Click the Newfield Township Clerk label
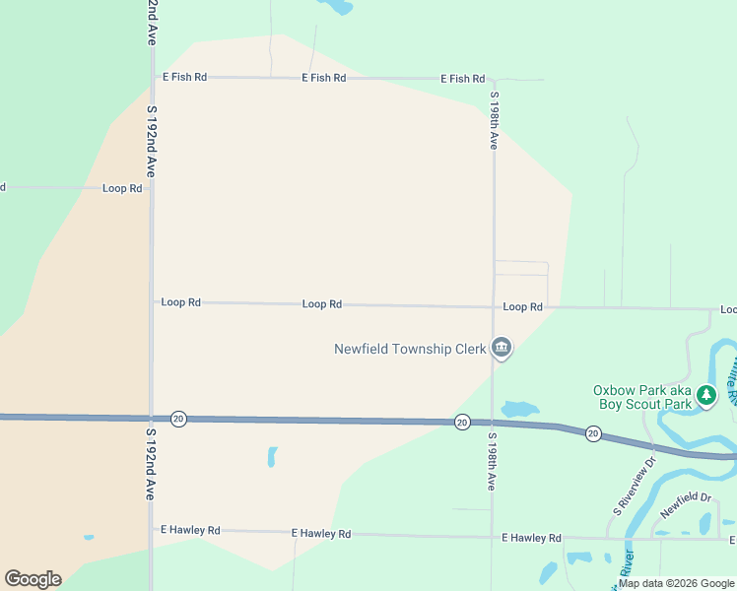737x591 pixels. pos(410,349)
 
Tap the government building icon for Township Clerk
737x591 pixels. pos(502,348)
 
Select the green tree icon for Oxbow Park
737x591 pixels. pos(705,396)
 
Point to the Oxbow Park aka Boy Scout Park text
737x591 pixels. pos(641,396)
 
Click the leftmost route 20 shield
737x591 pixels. pos(177,419)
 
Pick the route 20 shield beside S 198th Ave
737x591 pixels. pos(461,422)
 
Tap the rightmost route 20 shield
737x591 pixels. pos(592,433)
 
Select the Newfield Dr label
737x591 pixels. pos(686,505)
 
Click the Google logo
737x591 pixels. pos(33,579)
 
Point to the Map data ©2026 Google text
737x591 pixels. pos(676,583)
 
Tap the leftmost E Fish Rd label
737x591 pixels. pos(185,77)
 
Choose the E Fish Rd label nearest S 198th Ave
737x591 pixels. pos(463,78)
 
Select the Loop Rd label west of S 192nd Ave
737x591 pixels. pos(122,187)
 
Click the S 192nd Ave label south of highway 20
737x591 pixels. pos(151,463)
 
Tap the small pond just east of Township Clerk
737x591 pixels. pos(519,408)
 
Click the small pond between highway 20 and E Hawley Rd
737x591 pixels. pos(272,457)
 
